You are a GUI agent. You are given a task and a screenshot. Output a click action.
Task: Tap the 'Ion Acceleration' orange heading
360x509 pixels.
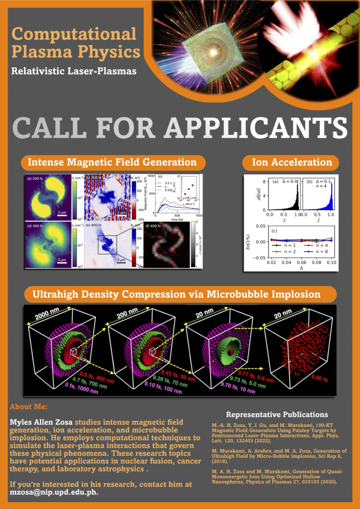point(292,163)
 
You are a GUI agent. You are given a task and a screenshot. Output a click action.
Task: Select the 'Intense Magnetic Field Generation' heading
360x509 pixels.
point(112,163)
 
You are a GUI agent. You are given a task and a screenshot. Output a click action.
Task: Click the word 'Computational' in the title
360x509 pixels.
point(74,34)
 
